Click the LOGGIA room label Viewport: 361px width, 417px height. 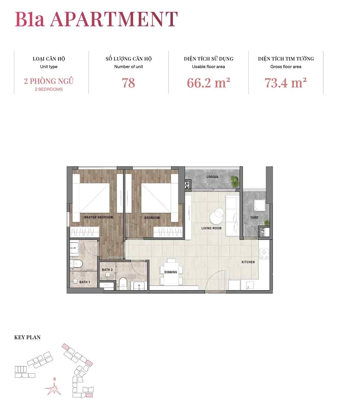click(212, 177)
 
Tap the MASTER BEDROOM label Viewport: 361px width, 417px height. click(98, 217)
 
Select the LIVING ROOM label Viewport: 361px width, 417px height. click(211, 228)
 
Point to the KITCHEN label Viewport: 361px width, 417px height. click(248, 262)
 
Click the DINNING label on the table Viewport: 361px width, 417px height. click(170, 272)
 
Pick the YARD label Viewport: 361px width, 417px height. click(254, 218)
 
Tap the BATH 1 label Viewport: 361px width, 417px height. click(84, 282)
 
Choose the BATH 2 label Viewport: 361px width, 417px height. click(107, 270)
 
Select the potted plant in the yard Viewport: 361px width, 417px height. click(266, 222)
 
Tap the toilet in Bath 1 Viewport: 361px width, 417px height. click(76, 264)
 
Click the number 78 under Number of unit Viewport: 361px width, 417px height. click(128, 83)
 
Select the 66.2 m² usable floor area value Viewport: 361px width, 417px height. click(208, 83)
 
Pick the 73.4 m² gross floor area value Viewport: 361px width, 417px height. click(286, 83)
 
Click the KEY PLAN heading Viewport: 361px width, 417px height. click(27, 337)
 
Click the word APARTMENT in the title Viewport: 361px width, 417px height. click(114, 19)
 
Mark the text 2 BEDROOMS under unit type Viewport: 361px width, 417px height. click(49, 89)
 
